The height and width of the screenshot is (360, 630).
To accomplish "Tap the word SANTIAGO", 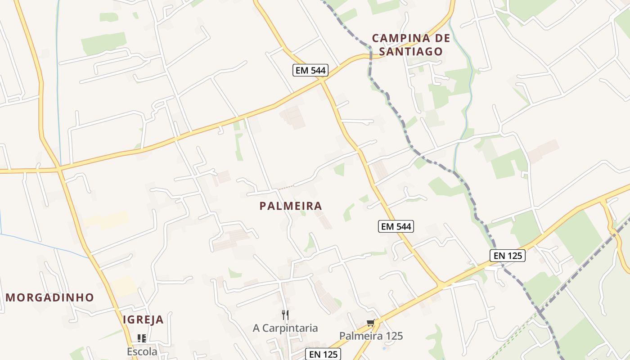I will [x=411, y=51].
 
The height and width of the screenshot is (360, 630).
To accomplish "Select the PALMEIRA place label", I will [x=291, y=206].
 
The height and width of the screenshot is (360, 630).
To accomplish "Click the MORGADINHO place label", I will [x=50, y=297].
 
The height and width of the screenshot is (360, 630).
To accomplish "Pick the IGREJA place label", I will [x=143, y=320].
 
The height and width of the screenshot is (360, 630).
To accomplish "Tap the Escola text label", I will [x=142, y=351].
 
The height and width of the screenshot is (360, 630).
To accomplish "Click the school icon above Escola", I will [x=142, y=338].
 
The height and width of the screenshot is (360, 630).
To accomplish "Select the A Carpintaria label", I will [x=285, y=328].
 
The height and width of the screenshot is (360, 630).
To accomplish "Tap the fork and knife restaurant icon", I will [x=285, y=315].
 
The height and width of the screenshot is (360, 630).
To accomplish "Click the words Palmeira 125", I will [x=371, y=336].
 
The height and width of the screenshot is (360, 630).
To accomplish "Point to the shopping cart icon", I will [x=370, y=323].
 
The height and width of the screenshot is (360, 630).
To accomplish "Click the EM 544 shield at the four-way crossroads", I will [x=310, y=70].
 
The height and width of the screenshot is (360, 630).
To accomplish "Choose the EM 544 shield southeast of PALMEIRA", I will [x=396, y=226].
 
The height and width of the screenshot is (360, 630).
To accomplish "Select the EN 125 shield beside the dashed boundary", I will [x=507, y=256].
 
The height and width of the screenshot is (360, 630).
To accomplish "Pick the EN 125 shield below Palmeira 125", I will [x=323, y=354].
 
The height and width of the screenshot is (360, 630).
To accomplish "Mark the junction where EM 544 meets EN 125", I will [x=441, y=285].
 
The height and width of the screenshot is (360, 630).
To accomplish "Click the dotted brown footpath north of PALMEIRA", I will [x=285, y=187].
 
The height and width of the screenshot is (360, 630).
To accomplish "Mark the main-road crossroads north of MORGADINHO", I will [x=59, y=170].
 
